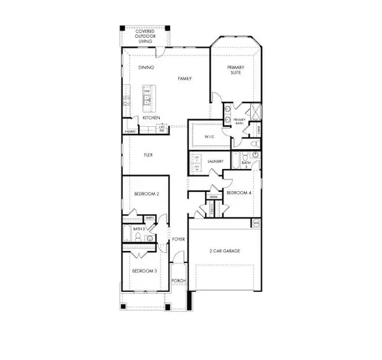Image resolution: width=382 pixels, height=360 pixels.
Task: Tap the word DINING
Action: point(146,67)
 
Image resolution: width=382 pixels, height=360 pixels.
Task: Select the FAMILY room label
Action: point(185,78)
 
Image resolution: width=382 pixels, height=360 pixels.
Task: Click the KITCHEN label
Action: point(151,117)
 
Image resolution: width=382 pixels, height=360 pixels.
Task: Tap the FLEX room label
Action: point(148,154)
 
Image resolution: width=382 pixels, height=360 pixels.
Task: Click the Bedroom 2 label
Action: point(146,194)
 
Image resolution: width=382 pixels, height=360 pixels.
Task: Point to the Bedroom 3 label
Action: point(145,271)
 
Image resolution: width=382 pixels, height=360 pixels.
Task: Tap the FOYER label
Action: point(179,240)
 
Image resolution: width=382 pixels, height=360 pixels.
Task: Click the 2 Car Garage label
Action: point(225,252)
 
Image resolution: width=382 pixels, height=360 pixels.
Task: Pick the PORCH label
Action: point(178,280)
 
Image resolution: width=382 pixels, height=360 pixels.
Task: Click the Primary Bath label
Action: point(239,121)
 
